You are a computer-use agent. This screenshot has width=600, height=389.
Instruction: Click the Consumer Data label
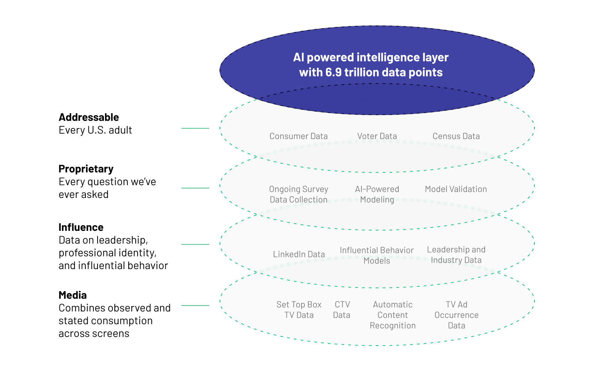[298, 136]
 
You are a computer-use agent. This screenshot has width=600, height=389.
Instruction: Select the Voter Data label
[377, 136]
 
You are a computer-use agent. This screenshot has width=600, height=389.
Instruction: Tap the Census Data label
[456, 136]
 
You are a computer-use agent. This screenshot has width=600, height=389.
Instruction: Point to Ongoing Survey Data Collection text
[298, 194]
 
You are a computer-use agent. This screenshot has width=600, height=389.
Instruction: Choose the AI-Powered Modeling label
[377, 194]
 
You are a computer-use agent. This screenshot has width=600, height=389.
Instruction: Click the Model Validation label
[456, 189]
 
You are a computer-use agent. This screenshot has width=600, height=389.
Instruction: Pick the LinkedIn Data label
[298, 254]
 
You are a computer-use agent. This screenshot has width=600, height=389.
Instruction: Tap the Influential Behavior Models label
[376, 255]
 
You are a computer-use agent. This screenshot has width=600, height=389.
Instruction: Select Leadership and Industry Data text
[456, 254]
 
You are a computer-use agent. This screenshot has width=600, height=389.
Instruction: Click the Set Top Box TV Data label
[298, 310]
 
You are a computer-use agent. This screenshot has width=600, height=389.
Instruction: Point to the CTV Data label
[342, 310]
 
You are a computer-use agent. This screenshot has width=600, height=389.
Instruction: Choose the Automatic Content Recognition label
[393, 315]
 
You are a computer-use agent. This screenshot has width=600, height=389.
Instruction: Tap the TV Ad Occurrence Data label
[456, 315]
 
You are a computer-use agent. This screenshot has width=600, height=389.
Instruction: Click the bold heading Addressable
[88, 117]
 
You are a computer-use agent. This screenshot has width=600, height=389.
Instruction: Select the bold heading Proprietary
[86, 169]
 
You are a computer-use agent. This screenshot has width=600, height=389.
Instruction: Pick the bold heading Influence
[81, 227]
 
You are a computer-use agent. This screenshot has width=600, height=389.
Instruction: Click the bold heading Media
[73, 295]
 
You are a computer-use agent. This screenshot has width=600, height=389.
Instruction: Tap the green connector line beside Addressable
[195, 128]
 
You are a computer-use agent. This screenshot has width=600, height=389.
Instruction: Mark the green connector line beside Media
[195, 305]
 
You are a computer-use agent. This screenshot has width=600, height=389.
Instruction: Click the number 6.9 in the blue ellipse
[333, 72]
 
